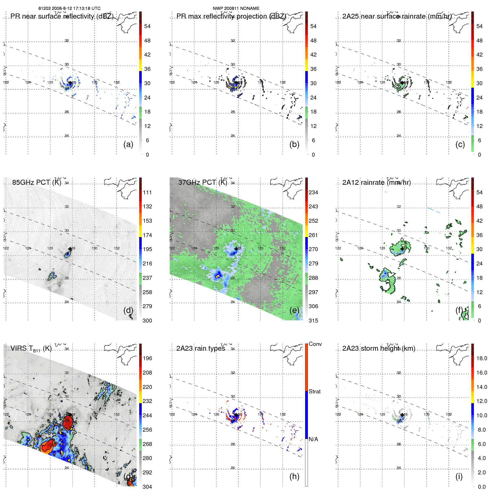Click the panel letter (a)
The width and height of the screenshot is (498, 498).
coord(128,145)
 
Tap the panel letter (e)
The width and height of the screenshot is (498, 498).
coord(294,310)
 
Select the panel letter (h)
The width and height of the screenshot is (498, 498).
coord(294,476)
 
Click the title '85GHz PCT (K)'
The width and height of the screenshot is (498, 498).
coord(37,182)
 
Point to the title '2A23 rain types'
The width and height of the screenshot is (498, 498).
coord(200,348)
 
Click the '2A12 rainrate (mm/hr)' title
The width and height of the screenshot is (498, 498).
coord(377,182)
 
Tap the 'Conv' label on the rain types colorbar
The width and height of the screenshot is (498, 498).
coord(315,344)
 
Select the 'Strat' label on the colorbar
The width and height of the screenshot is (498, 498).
coord(315,391)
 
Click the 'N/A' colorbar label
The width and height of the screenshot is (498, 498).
coord(314,439)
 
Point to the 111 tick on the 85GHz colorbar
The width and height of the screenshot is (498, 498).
coord(147,192)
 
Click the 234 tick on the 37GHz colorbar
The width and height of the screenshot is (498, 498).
coord(313,192)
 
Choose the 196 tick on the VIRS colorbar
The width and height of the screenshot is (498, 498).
coord(147,358)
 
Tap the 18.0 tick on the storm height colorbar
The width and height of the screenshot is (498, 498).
coord(482,358)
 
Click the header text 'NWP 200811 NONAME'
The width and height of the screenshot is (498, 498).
coord(236,8)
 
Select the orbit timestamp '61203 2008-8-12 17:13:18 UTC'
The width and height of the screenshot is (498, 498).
coord(69,8)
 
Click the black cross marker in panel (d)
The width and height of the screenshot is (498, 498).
coord(70,249)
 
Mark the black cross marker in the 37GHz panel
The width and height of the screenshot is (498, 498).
coord(236,249)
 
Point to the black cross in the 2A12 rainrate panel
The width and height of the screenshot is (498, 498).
coord(402,249)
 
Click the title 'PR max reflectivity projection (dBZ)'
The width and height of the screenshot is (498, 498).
coord(231,16)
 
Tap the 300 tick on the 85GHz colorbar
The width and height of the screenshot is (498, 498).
coord(147,321)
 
